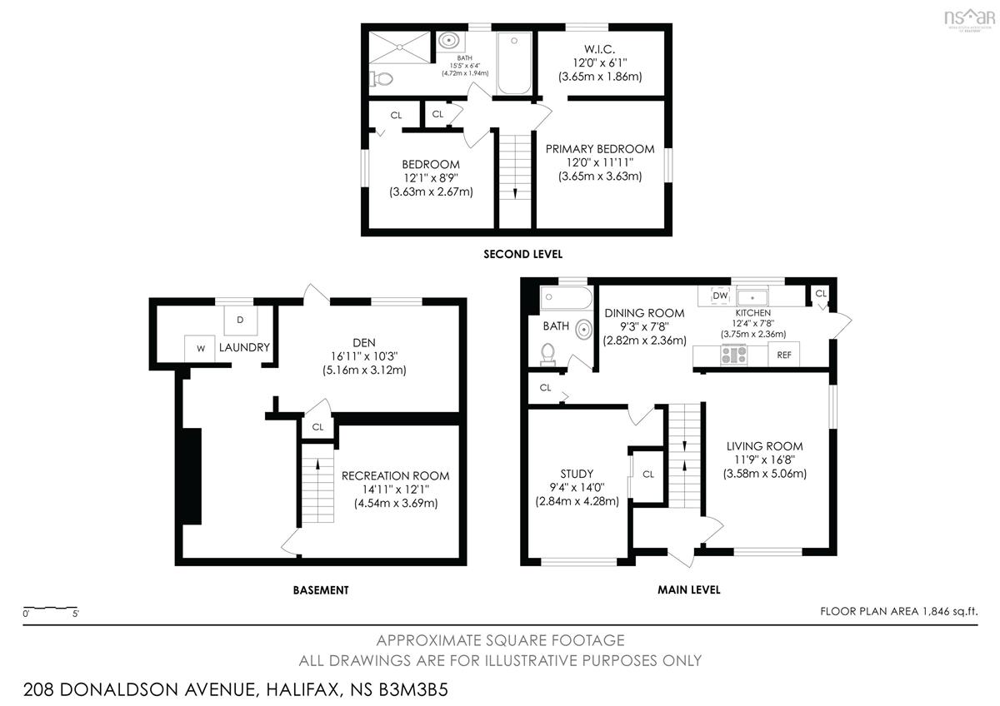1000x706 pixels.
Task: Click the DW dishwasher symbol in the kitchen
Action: pyautogui.click(x=720, y=296)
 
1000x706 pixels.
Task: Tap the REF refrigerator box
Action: pyautogui.click(x=784, y=355)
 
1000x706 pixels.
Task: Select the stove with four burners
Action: pyautogui.click(x=734, y=355)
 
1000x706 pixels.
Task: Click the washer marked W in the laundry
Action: pyautogui.click(x=201, y=348)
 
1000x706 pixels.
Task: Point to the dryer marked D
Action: pyautogui.click(x=240, y=320)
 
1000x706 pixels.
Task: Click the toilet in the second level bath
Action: pyautogui.click(x=382, y=79)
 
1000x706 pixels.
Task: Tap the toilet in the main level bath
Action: pyautogui.click(x=547, y=353)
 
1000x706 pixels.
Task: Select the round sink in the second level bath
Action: pyautogui.click(x=448, y=41)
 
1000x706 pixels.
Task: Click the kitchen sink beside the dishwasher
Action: pyautogui.click(x=752, y=297)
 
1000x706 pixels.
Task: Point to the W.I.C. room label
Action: pyautogui.click(x=599, y=49)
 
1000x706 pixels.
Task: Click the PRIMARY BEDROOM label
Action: pyautogui.click(x=600, y=149)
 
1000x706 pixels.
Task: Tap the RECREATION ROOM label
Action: pyautogui.click(x=396, y=476)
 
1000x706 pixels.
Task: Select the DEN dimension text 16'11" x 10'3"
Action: pyautogui.click(x=364, y=356)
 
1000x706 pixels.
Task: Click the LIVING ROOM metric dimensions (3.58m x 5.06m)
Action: pyautogui.click(x=765, y=474)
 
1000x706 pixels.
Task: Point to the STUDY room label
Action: pyautogui.click(x=577, y=474)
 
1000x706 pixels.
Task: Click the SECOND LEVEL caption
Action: pyautogui.click(x=522, y=254)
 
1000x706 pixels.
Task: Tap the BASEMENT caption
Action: pyautogui.click(x=321, y=590)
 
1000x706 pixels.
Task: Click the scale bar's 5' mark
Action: pyautogui.click(x=76, y=614)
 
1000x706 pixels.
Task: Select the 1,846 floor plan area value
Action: pyautogui.click(x=937, y=611)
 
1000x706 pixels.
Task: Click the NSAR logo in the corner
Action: pyautogui.click(x=969, y=18)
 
